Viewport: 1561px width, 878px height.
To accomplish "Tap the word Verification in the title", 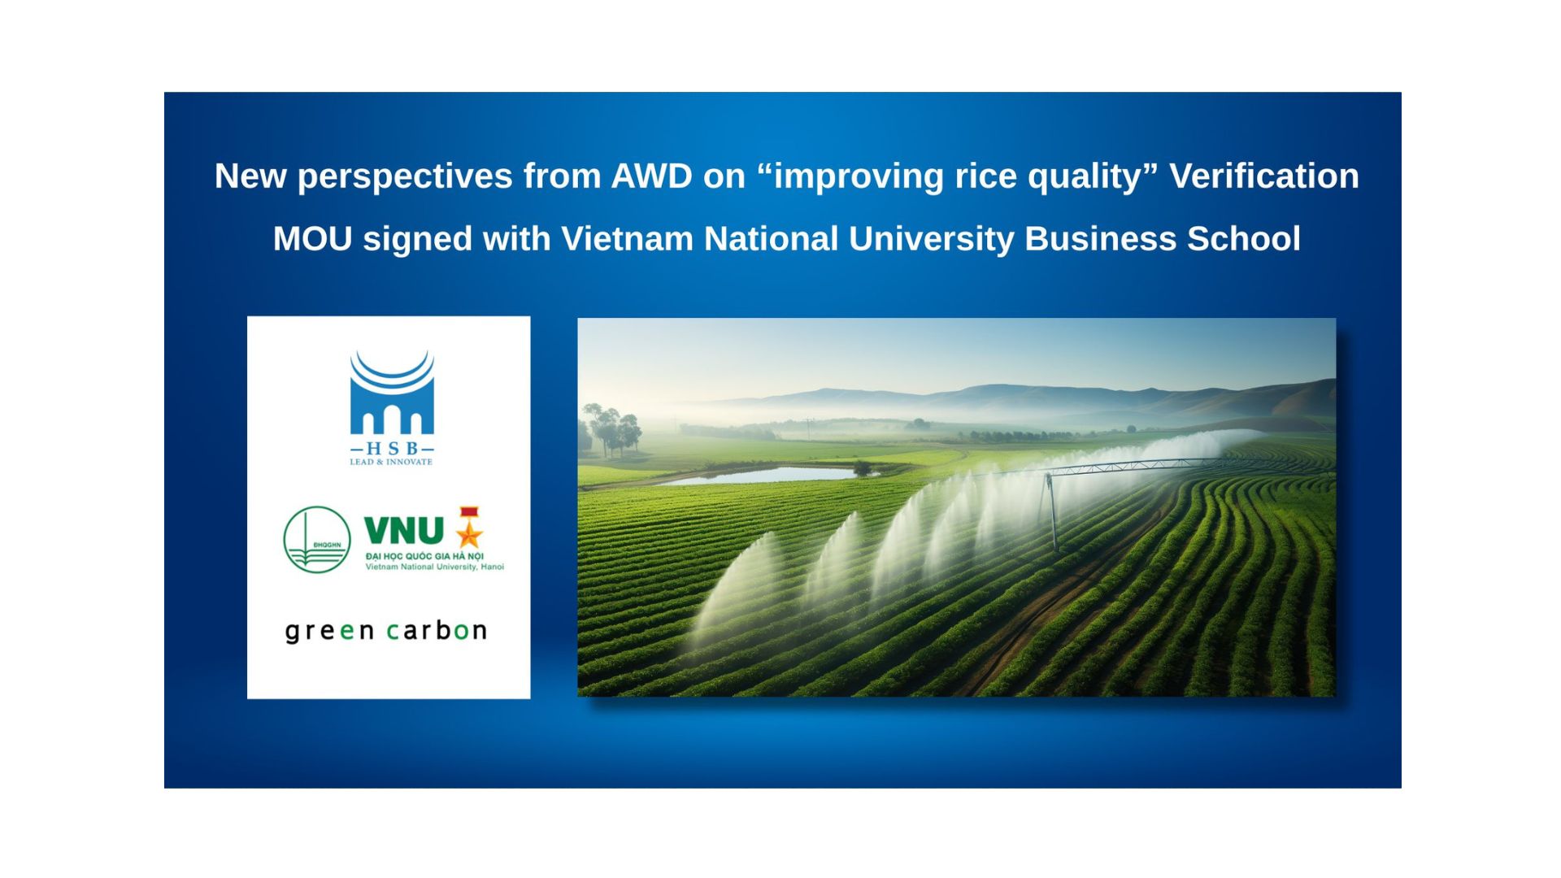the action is [x=1264, y=176].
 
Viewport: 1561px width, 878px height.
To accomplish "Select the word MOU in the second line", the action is [x=312, y=239].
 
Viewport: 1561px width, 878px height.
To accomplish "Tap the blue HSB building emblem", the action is [x=392, y=393].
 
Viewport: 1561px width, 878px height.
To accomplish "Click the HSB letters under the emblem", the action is [x=392, y=449].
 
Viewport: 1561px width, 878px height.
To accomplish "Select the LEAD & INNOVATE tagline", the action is [x=391, y=462].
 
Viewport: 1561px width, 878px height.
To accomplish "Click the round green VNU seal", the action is [x=317, y=540].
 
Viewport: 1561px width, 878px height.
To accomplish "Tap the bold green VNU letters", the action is [x=404, y=531].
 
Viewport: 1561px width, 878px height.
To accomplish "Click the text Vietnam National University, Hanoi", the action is [x=435, y=567].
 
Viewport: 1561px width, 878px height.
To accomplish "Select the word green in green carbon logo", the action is [x=330, y=632].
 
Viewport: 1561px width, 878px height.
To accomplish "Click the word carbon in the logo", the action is [x=437, y=630].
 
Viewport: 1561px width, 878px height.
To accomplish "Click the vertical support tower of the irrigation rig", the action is [x=1052, y=511].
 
